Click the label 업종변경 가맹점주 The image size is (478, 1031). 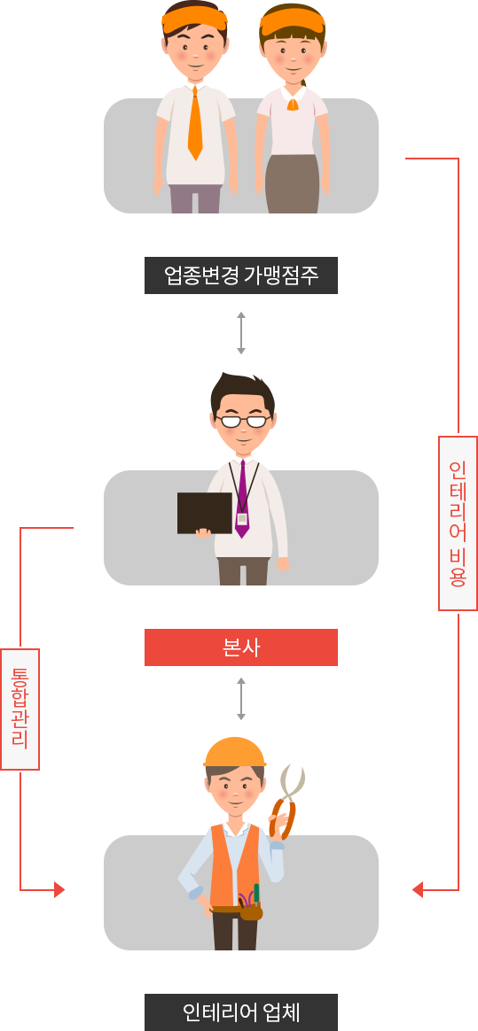pyautogui.click(x=241, y=275)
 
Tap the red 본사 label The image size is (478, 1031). pyautogui.click(x=241, y=647)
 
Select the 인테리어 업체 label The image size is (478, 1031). pyautogui.click(x=241, y=1012)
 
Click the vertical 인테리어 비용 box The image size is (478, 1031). pyautogui.click(x=458, y=523)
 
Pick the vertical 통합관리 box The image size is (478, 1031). pyautogui.click(x=20, y=709)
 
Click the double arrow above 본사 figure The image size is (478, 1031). pyautogui.click(x=241, y=333)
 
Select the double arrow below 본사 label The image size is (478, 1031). pyautogui.click(x=241, y=699)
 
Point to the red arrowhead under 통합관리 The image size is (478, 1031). pyautogui.click(x=59, y=889)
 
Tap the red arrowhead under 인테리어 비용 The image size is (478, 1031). pyautogui.click(x=418, y=889)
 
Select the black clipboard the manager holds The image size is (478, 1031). pyautogui.click(x=205, y=513)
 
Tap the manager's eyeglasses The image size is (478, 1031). pyautogui.click(x=243, y=421)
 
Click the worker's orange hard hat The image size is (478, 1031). pyautogui.click(x=235, y=752)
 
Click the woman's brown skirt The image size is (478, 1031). pyautogui.click(x=293, y=183)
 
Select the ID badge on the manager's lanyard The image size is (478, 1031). pyautogui.click(x=242, y=519)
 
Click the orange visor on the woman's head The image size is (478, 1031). pyautogui.click(x=293, y=21)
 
